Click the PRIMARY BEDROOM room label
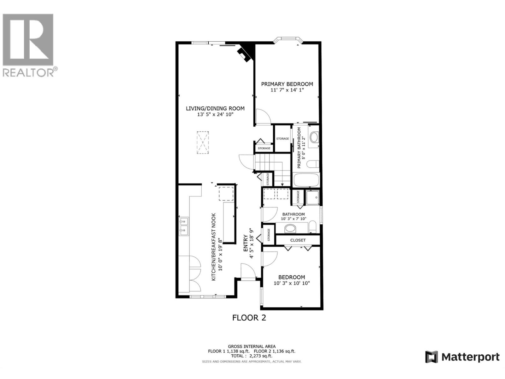click(x=287, y=84)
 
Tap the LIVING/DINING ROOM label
click(x=215, y=109)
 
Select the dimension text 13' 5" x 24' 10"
click(x=215, y=115)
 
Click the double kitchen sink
click(x=184, y=226)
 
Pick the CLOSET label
click(x=298, y=240)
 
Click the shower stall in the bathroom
click(x=313, y=198)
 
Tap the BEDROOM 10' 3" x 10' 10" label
click(x=291, y=280)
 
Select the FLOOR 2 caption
click(x=249, y=318)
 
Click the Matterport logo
click(x=462, y=357)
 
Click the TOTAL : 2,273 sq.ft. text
click(x=252, y=356)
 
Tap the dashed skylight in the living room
click(x=203, y=142)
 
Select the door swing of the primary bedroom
click(x=263, y=117)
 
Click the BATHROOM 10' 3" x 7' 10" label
click(x=294, y=216)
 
